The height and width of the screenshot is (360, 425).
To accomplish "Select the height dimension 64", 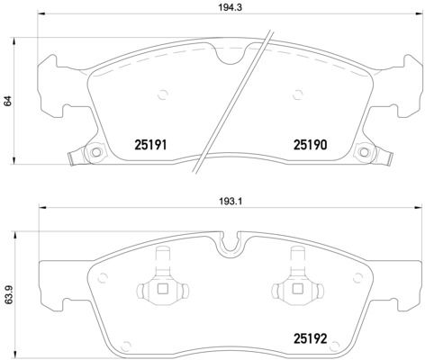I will tap(9, 102).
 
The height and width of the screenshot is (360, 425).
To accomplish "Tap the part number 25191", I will tap(153, 142).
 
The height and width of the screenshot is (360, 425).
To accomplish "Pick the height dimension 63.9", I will tap(9, 293).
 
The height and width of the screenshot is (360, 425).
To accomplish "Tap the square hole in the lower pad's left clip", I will tap(163, 289).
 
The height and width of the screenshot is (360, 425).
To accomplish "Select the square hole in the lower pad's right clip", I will tap(298, 289).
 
